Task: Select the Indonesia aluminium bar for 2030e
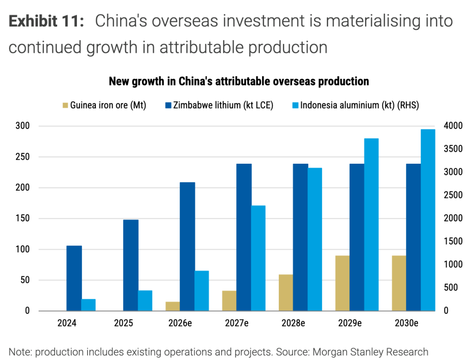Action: tap(428, 220)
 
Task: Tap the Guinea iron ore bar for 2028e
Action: tap(286, 293)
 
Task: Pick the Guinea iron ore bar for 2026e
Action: tap(173, 306)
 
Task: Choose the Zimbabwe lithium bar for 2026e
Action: tap(187, 246)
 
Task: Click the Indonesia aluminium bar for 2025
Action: tap(145, 301)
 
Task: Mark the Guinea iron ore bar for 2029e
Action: tap(343, 283)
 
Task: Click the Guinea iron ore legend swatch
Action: tap(66, 106)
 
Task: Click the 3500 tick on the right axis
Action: tap(452, 149)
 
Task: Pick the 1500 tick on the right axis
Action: tap(452, 242)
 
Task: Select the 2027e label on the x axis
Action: tap(237, 323)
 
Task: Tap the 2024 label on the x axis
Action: tap(67, 323)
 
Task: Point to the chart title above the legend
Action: tap(238, 81)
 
